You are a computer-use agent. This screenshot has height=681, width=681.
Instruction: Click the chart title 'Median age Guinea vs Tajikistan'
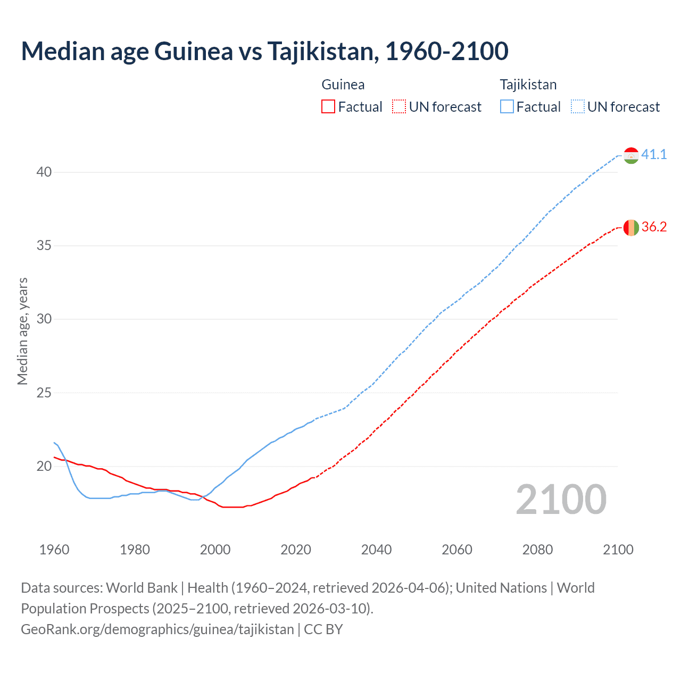point(264,51)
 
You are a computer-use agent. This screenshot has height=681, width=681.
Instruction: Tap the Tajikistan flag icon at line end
point(631,155)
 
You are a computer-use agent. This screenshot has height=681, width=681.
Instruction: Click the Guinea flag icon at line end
point(631,227)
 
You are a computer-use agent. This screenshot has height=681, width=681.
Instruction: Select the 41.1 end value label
point(654,154)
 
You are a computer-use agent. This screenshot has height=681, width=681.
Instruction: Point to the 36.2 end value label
point(654,227)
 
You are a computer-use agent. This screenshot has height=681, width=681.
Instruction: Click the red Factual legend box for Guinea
point(328,107)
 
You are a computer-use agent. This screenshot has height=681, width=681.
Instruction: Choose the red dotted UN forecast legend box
point(399,107)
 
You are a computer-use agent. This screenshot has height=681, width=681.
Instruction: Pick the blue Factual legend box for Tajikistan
point(507,107)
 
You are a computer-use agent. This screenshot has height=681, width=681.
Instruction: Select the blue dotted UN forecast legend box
point(578,107)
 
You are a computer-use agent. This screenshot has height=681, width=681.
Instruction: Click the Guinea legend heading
point(343,85)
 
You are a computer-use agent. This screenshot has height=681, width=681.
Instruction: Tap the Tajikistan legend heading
point(528,85)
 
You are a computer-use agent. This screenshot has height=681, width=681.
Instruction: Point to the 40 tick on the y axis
point(44,172)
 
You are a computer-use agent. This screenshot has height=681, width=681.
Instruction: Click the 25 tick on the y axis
point(44,393)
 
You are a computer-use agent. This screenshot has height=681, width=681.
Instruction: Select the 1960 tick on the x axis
point(54,550)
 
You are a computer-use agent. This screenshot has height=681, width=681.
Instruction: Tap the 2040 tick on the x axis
point(376,550)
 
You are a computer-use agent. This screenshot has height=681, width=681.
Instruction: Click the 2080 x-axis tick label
point(537,550)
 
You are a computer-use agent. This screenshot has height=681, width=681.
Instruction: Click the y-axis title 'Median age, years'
point(22,331)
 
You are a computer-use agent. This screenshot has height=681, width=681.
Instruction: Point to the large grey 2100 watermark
point(561,499)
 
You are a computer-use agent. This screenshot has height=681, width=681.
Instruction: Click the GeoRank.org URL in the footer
point(157,629)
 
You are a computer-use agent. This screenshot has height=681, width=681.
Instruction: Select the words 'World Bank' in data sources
point(142,588)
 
